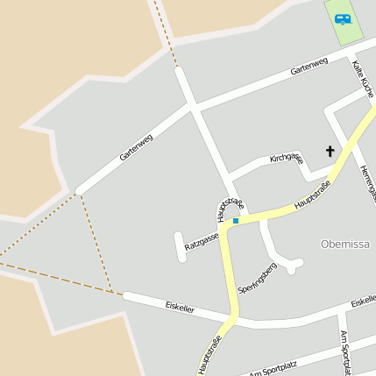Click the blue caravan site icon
(342, 18)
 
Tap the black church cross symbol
(330, 151)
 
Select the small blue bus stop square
(235, 221)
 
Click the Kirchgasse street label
(286, 158)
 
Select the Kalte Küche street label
(364, 78)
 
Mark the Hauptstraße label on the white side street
(226, 209)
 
